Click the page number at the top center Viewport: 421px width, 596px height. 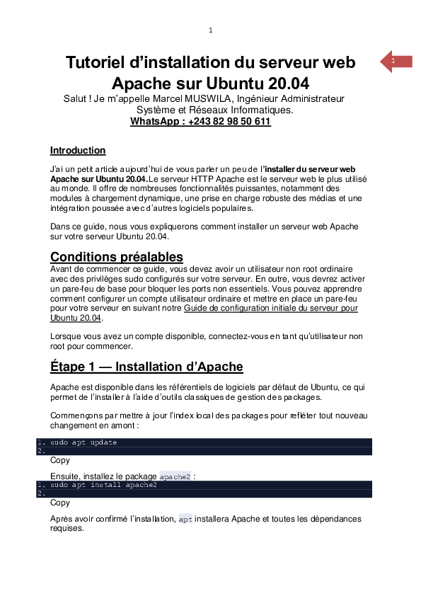pyautogui.click(x=210, y=30)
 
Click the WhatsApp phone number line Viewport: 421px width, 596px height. pyautogui.click(x=200, y=121)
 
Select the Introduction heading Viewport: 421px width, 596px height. pyautogui.click(x=78, y=150)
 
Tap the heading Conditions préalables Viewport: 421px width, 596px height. pyautogui.click(x=117, y=257)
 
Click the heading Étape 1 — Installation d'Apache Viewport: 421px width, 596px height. pyautogui.click(x=146, y=367)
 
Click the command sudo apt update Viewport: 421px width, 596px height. pyautogui.click(x=83, y=442)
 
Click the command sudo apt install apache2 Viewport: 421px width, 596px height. pyautogui.click(x=103, y=486)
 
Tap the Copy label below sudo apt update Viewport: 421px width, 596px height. pyautogui.click(x=60, y=460)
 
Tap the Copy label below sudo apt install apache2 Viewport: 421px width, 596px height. pyautogui.click(x=60, y=503)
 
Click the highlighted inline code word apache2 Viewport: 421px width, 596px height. pyautogui.click(x=175, y=477)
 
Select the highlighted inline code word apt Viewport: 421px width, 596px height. pyautogui.click(x=185, y=520)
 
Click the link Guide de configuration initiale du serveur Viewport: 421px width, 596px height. pyautogui.click(x=270, y=308)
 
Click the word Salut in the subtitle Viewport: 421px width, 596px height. pyautogui.click(x=76, y=98)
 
